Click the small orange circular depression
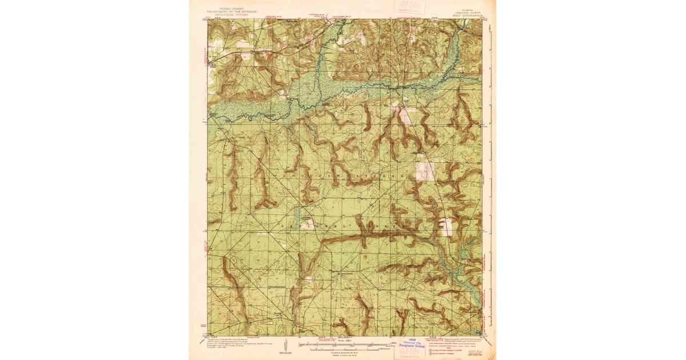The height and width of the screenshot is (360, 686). [x=365, y=257]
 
